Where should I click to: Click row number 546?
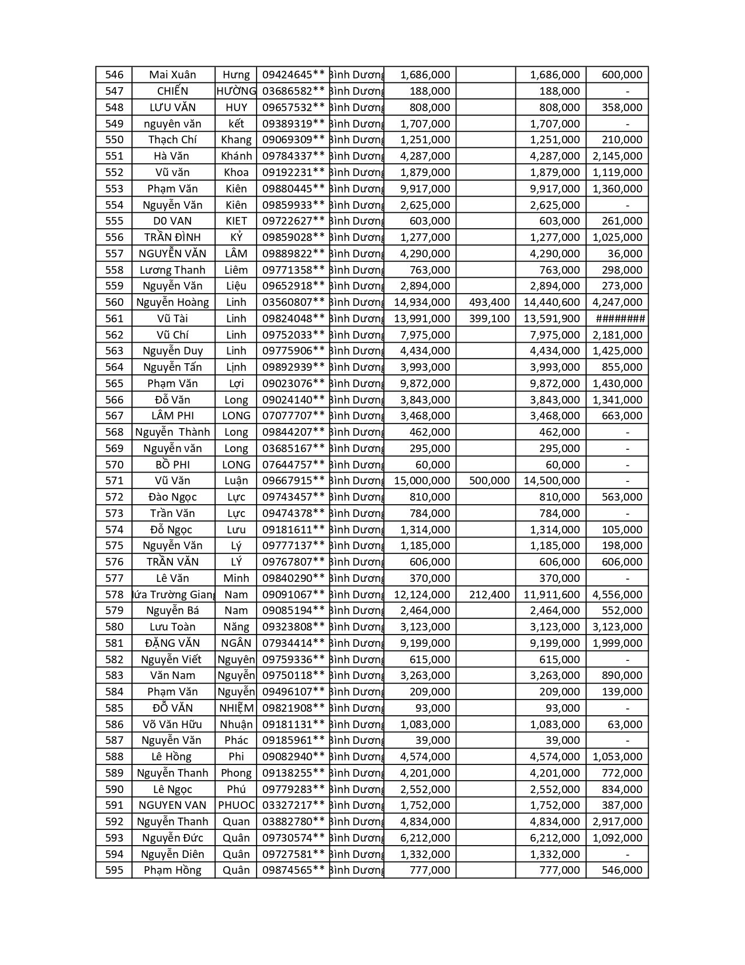pyautogui.click(x=115, y=75)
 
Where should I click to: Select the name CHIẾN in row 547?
pyautogui.click(x=173, y=91)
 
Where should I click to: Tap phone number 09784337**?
pyautogui.click(x=293, y=156)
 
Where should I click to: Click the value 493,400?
pyautogui.click(x=490, y=302)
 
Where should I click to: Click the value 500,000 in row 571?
pyautogui.click(x=490, y=481)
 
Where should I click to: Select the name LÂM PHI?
pyautogui.click(x=173, y=416)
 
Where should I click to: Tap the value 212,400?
pyautogui.click(x=490, y=595)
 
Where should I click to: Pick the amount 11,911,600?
pyautogui.click(x=552, y=595)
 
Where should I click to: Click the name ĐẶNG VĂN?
pyautogui.click(x=173, y=643)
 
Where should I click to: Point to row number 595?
pyautogui.click(x=115, y=870)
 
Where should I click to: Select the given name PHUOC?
pyautogui.click(x=236, y=805)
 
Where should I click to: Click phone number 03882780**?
pyautogui.click(x=293, y=822)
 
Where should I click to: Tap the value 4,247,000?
pyautogui.click(x=618, y=302)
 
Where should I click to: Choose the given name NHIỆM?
pyautogui.click(x=236, y=708)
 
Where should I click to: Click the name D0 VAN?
pyautogui.click(x=173, y=221)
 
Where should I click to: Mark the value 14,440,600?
pyautogui.click(x=552, y=302)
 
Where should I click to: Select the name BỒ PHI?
pyautogui.click(x=173, y=465)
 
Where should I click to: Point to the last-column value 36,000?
pyautogui.click(x=625, y=254)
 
